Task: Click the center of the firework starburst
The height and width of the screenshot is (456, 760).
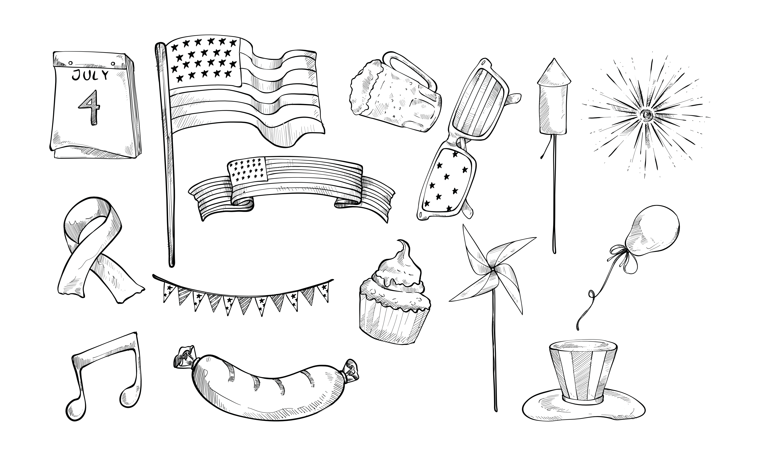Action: pos(647,115)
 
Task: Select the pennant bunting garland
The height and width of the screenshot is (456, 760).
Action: pos(243,295)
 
